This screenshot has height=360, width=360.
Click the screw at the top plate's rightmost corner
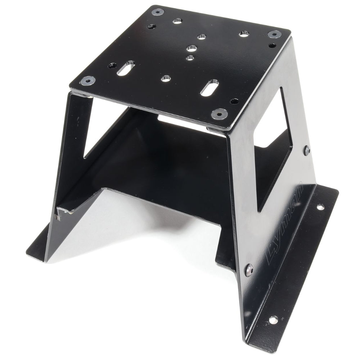(x=274, y=34)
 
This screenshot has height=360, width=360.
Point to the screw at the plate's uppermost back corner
(x=158, y=12)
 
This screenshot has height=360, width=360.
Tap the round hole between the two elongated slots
(x=166, y=78)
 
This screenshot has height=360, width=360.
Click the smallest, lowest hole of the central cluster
(x=190, y=57)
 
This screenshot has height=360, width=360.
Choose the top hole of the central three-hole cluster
(x=201, y=36)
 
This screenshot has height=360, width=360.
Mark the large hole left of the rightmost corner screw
(x=243, y=34)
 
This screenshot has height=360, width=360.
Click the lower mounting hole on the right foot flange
(x=273, y=319)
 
